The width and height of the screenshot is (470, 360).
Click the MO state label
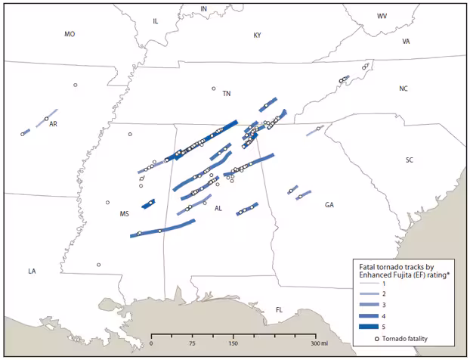pos(70,34)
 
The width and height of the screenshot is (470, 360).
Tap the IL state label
pos(156,21)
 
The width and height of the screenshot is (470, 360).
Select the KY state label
pos(257,36)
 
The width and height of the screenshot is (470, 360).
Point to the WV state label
pos(382,16)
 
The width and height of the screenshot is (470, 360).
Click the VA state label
pos(406,42)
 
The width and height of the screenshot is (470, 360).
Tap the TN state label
pos(226,94)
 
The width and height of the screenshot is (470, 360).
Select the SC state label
pos(410,160)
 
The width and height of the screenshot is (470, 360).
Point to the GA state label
pos(329,205)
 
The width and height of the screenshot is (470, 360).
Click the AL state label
pos(218,208)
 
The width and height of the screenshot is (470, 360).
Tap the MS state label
pos(125,214)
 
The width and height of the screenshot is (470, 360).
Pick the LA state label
pos(32,271)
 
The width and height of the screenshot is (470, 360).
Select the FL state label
pos(279,309)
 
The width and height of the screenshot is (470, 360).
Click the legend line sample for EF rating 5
pos(371,327)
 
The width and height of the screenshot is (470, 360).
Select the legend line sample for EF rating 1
pos(371,282)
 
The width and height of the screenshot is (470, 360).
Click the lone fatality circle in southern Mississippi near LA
pos(99,265)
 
